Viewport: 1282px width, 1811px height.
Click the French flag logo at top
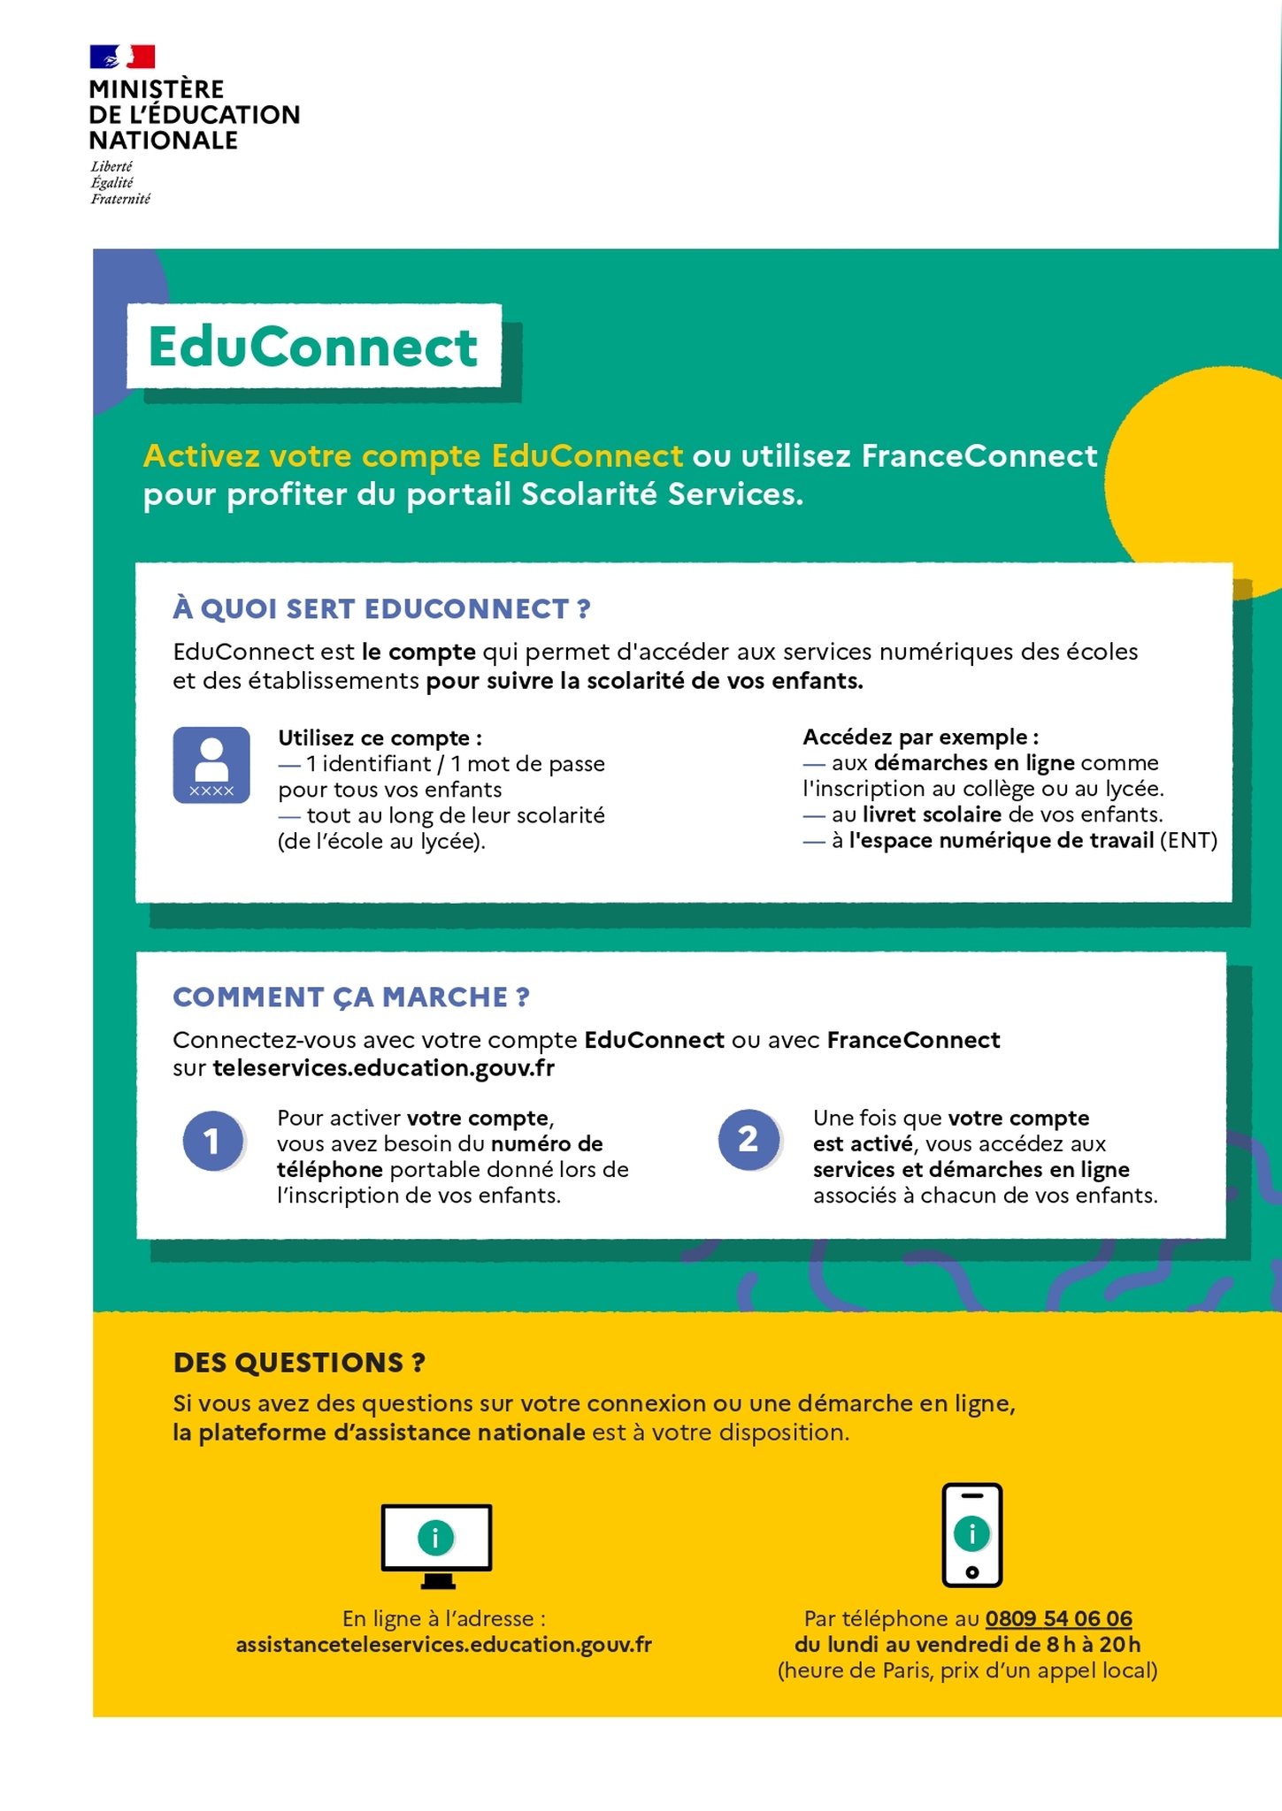tap(122, 57)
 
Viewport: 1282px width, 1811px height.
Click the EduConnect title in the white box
tap(313, 346)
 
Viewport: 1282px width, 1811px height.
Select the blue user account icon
tap(211, 765)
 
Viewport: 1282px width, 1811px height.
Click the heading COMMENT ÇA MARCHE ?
tap(351, 997)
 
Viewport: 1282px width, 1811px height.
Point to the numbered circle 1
tap(213, 1141)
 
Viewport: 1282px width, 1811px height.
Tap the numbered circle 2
tap(748, 1139)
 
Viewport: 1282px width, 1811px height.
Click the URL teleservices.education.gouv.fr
tap(383, 1068)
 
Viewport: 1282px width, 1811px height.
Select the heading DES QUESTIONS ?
tap(299, 1363)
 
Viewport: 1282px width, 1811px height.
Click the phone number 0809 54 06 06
tap(1058, 1618)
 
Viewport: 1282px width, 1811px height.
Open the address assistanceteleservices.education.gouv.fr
tap(443, 1645)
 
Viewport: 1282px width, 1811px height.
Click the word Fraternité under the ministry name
tap(120, 199)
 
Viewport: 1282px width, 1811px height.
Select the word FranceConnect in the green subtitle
tap(979, 456)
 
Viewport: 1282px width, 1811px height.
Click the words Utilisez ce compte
tap(380, 737)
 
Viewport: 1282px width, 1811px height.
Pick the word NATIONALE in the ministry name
tap(164, 141)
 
